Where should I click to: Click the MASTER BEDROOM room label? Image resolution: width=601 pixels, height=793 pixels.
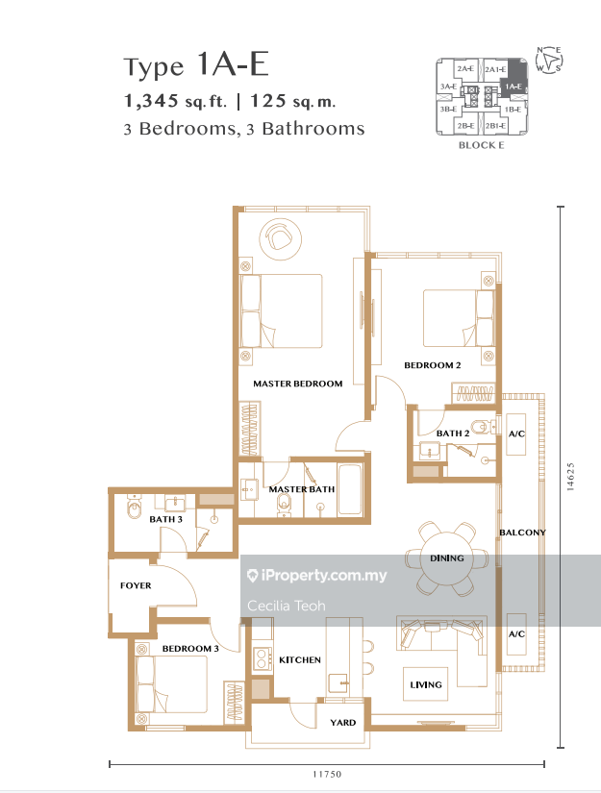(297, 384)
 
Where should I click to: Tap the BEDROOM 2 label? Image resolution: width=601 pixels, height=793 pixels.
(433, 365)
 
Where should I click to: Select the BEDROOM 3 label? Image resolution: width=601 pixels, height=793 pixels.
(190, 649)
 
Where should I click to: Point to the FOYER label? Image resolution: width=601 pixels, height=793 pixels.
(136, 585)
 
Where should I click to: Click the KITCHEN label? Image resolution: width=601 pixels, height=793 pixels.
(300, 660)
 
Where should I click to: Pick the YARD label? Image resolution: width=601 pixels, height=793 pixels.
(343, 723)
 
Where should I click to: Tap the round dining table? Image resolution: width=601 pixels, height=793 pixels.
(447, 558)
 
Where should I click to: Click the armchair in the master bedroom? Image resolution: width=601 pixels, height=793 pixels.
(280, 236)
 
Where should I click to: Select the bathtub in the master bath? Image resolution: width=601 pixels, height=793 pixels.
(350, 488)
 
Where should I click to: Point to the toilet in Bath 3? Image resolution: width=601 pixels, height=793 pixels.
(135, 508)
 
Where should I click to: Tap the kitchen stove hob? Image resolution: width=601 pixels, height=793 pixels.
(263, 659)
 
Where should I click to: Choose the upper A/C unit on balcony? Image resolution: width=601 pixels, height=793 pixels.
(516, 434)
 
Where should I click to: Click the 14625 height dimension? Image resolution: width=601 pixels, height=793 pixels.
(570, 477)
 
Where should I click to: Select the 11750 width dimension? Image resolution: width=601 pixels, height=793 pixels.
(327, 774)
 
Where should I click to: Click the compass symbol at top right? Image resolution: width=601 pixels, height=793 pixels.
(549, 61)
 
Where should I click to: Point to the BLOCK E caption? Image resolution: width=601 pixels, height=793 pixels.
(481, 145)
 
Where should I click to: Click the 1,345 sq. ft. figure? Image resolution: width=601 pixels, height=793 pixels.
(176, 101)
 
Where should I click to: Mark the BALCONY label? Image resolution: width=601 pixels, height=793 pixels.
(522, 533)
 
